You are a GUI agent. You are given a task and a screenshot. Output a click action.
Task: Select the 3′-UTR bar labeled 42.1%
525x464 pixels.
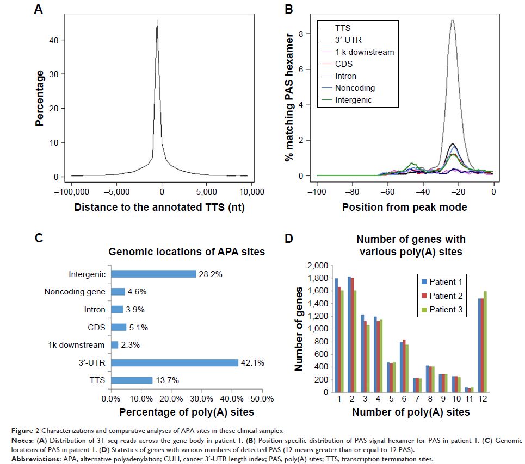pos(174,362)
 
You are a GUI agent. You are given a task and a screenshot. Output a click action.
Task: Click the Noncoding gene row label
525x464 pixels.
pos(75,292)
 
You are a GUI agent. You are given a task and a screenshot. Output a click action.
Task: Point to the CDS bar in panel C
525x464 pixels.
pos(118,327)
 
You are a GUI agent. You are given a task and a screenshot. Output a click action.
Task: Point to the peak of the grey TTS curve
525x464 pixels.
pos(452,20)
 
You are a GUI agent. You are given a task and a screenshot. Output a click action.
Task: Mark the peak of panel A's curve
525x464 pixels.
pos(157,20)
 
